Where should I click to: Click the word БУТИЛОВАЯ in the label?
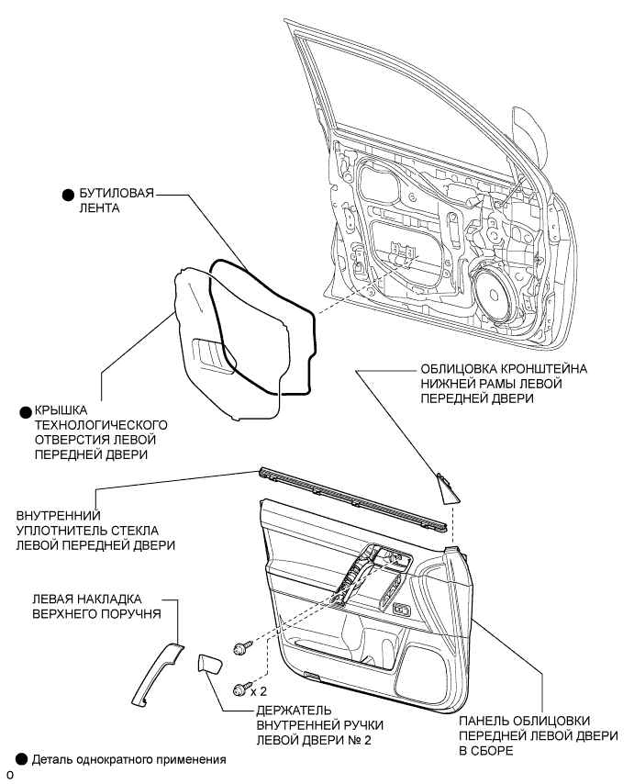point(117,193)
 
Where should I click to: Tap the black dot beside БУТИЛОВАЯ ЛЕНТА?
point(68,195)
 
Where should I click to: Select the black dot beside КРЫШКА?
point(25,412)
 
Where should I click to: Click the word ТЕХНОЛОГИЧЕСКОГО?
point(100,425)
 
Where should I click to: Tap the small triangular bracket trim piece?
point(448,488)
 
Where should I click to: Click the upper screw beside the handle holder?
point(243,647)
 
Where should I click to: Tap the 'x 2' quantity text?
point(259,691)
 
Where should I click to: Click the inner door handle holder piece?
point(210,665)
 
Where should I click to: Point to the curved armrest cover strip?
point(157,675)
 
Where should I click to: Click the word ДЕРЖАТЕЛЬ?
point(294,711)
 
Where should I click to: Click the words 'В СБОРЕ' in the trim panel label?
point(486,751)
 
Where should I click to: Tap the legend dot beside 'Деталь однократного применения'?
point(21,759)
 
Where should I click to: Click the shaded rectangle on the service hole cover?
point(213,355)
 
